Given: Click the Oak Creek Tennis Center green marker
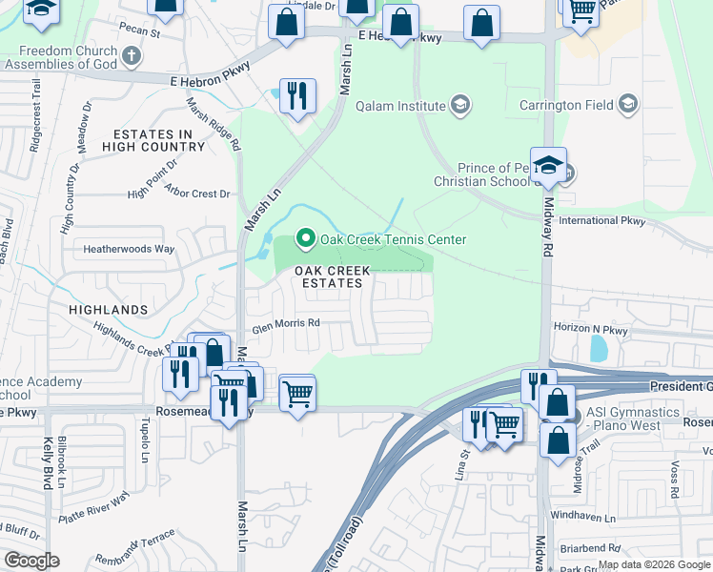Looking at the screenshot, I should point(306,239).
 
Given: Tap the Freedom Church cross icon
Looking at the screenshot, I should point(132,57).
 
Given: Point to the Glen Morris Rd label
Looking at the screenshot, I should point(285,324).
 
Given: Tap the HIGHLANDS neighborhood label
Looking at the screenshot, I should point(109,310).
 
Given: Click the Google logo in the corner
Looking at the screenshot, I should point(32,561).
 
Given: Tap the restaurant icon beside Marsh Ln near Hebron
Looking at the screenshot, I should point(297,95).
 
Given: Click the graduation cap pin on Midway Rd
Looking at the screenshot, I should point(549,165).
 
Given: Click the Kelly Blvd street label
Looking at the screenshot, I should point(47,463).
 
